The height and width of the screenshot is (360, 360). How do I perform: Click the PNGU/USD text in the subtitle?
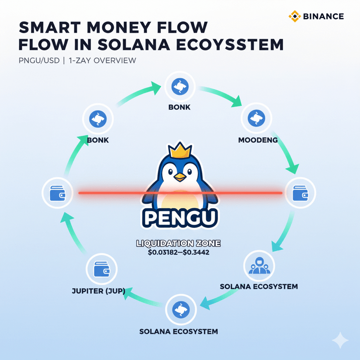point(38,60)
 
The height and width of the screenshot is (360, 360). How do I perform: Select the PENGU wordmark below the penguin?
point(180,217)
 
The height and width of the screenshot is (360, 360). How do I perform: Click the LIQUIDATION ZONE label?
point(180,244)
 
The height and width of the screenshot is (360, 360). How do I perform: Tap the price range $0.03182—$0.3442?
point(180,252)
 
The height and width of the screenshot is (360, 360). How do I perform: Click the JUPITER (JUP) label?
point(99,291)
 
